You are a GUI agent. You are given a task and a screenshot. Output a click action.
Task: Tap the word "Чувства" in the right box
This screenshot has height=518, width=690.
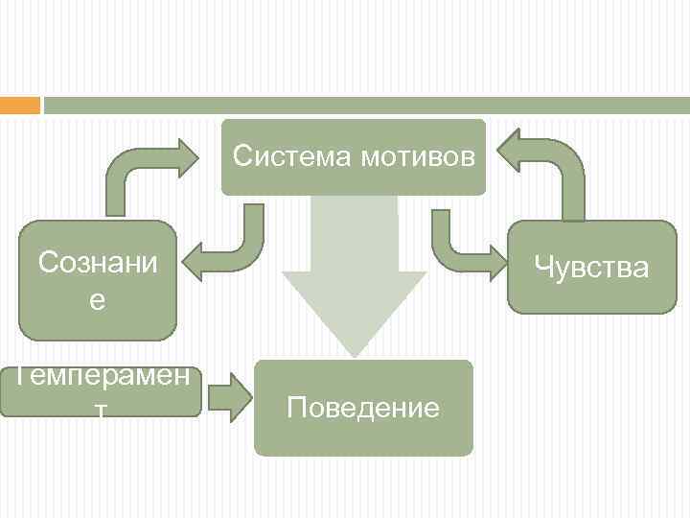(x=591, y=267)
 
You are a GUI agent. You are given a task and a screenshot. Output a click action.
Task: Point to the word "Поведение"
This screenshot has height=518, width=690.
(x=363, y=408)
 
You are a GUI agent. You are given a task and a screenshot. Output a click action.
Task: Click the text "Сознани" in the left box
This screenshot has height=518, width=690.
(x=97, y=262)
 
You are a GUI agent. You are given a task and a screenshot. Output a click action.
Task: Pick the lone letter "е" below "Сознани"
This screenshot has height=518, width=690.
(x=97, y=300)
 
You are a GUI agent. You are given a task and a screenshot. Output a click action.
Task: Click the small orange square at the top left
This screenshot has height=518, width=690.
(x=19, y=105)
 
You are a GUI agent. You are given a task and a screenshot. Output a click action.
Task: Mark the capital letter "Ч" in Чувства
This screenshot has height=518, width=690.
(x=544, y=267)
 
